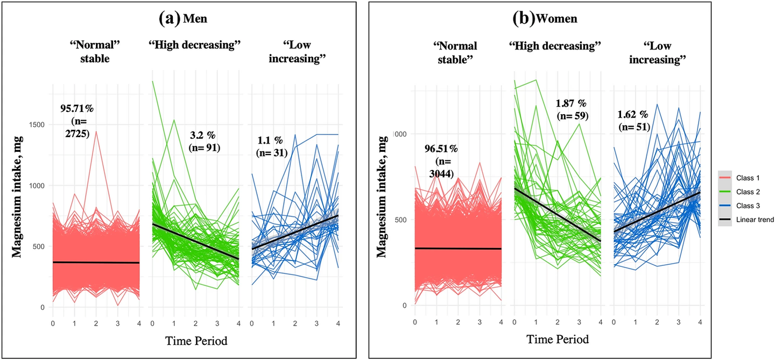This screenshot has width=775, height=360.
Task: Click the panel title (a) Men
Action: (184, 18)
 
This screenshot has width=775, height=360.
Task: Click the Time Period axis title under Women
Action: (557, 339)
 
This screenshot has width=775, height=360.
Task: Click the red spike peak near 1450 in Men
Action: (96, 131)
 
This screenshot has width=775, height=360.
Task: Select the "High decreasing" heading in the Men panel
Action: (194, 45)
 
